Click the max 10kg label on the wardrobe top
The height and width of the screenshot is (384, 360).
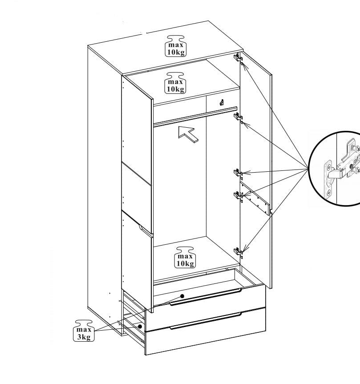pos(176,45)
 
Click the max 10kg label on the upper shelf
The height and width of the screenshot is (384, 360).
pos(176,82)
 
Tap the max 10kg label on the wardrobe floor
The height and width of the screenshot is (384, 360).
pos(185,257)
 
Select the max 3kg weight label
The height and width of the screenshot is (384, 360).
pos(83,330)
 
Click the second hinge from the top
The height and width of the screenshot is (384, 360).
pos(239,117)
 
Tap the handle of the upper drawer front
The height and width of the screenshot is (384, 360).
pos(205,297)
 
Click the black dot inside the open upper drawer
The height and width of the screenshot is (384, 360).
pos(182,296)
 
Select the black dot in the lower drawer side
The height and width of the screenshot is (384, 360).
pos(140,326)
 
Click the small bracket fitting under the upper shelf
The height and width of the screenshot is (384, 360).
pos(221,102)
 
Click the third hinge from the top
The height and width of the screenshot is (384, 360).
pos(238,173)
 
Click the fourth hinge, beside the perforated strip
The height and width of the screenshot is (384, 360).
pos(238,194)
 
